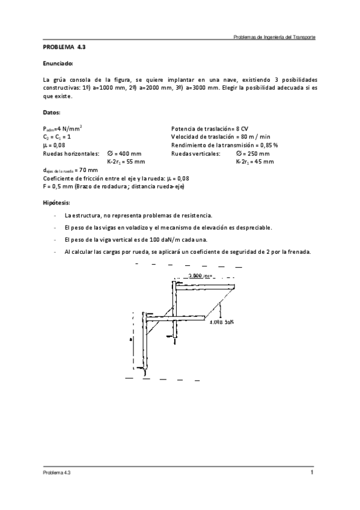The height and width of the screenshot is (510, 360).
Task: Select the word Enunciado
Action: pos(58,63)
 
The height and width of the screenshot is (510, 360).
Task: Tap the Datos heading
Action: pos(52,112)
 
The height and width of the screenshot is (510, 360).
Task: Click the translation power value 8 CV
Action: pos(241,129)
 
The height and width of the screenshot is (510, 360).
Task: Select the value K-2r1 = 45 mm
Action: pos(254,162)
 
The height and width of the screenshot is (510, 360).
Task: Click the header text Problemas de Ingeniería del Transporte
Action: pos(274,37)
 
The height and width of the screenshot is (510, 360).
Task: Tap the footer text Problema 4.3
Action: pos(57,473)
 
